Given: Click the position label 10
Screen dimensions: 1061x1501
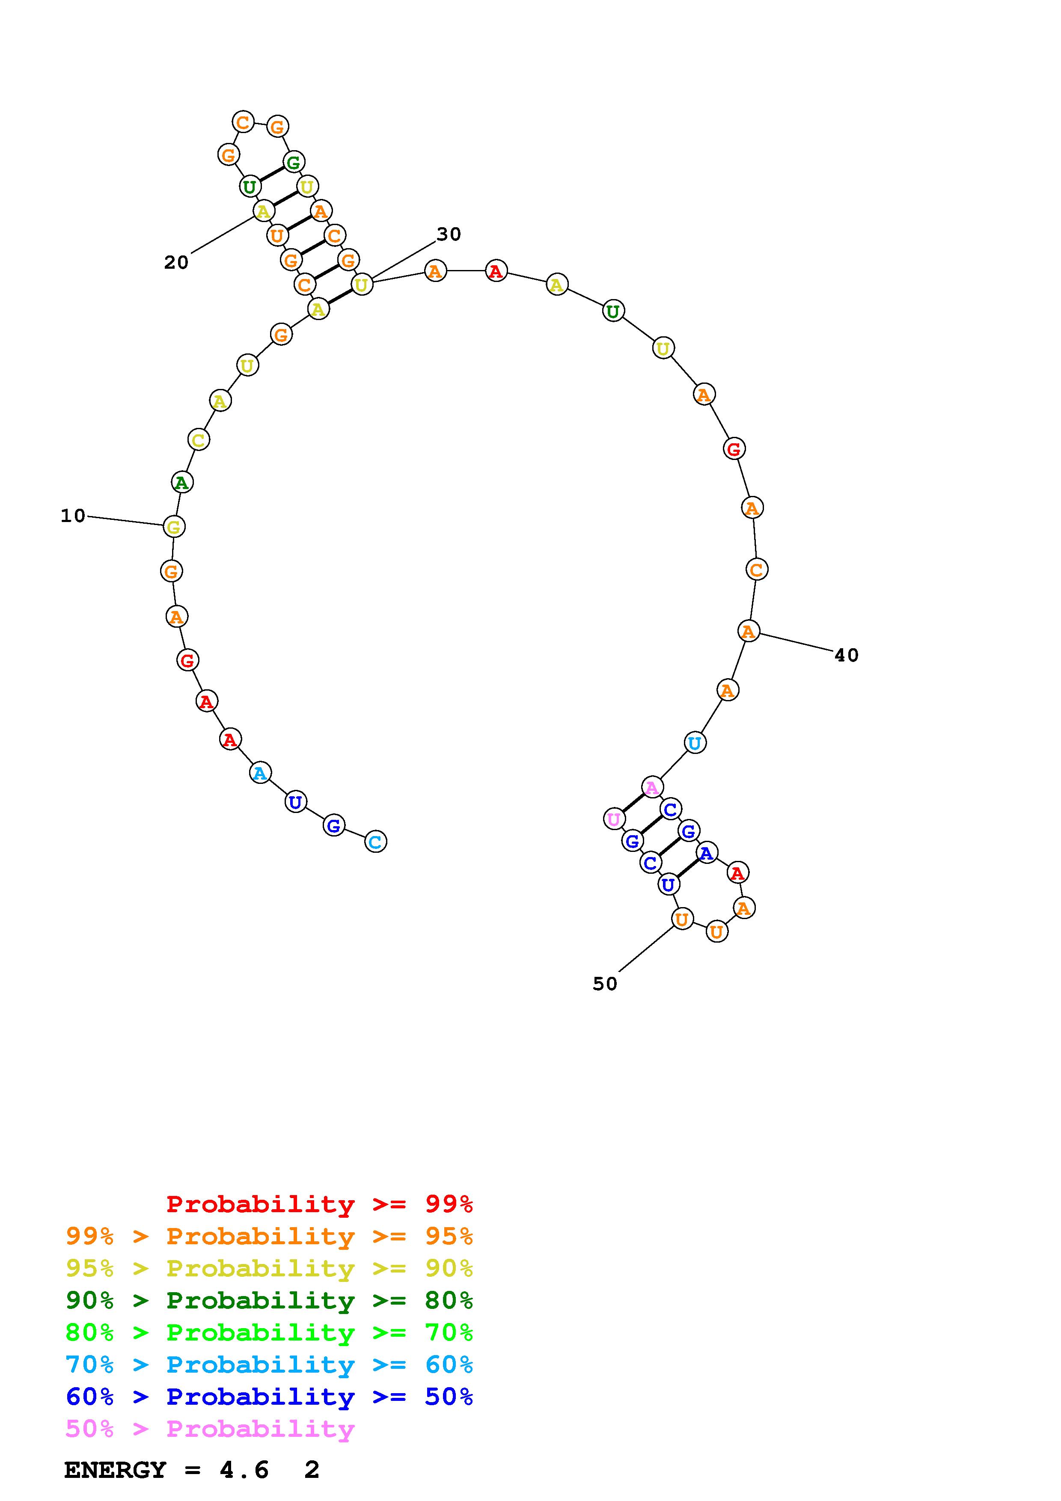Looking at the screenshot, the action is pos(73,516).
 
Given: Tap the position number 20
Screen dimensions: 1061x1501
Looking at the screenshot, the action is pos(176,262).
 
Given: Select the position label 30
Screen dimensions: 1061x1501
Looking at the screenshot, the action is pos(449,234).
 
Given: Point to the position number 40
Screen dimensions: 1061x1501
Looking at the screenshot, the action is pos(847,655).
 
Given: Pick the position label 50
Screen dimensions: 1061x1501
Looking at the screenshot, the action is pos(605,984).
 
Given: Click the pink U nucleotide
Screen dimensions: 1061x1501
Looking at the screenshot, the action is pos(614,819).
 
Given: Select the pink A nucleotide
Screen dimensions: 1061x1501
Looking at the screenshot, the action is pos(652,788).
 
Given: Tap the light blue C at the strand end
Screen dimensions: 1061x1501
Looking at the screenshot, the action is pos(376,841).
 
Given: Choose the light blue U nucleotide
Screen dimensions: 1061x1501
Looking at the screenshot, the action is pos(695,743).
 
